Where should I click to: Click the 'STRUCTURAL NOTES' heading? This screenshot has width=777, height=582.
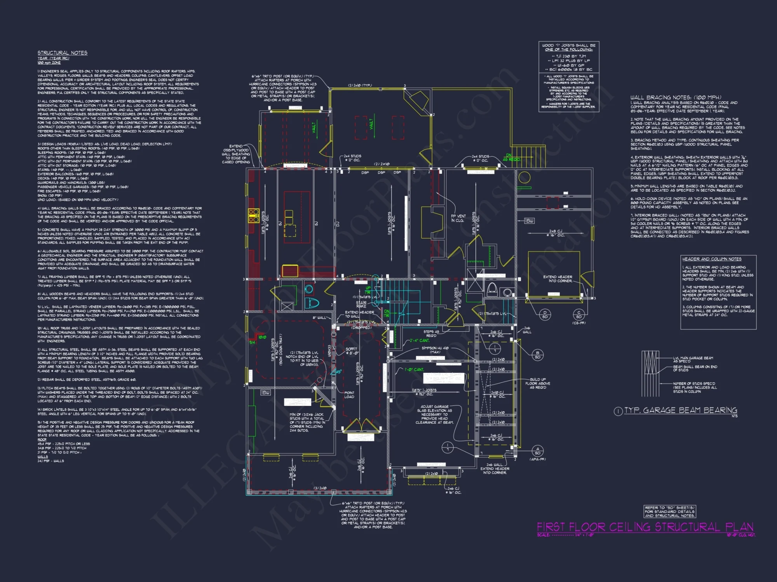pos(62,53)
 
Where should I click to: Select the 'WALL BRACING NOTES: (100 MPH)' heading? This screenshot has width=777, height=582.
pos(676,97)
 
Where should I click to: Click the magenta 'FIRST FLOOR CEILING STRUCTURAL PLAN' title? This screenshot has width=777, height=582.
pos(645,527)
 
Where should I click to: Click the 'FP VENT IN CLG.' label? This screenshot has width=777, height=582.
pos(458,218)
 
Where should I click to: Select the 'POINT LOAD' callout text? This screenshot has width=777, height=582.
pos(349,395)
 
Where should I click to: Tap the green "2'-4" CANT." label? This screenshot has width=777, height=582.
pos(420,341)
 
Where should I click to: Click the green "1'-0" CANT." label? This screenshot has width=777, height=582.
pos(414,370)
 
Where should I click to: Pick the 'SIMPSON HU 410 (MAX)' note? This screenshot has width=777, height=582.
pos(435,350)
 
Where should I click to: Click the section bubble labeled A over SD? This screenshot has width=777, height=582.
pos(537,451)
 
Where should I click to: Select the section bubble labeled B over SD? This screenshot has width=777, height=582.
pos(537,355)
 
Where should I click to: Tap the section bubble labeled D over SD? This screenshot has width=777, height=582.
pos(545,314)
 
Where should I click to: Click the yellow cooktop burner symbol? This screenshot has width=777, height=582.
pos(254,216)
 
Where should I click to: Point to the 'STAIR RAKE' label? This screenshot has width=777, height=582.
pos(361,304)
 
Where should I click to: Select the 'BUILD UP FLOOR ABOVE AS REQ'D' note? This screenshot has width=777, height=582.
pos(537,383)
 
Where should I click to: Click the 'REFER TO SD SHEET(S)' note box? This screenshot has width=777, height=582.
pos(669,511)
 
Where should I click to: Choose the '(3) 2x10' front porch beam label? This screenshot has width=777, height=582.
pos(320,488)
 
